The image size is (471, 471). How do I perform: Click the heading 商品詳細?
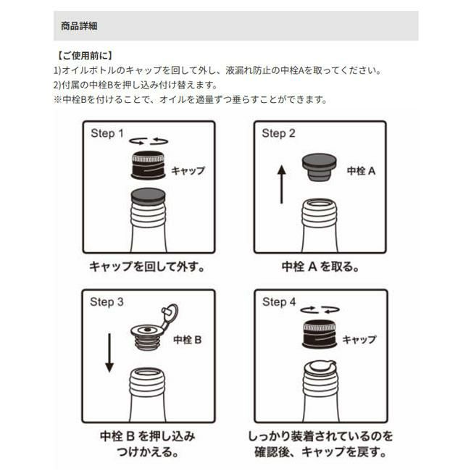79,26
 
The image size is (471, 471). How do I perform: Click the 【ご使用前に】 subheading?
85,56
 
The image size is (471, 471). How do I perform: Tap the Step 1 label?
107,133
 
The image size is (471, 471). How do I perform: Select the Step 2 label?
278,133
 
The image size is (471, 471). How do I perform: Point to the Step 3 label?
107,302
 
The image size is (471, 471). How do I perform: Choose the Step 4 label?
279,302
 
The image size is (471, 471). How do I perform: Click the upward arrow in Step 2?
281,185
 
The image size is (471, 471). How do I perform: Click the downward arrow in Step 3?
109,353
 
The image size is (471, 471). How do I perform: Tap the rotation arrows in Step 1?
149,141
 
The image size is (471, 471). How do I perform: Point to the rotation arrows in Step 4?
320,309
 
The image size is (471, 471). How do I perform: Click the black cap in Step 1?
148,165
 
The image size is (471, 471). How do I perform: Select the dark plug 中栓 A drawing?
319,167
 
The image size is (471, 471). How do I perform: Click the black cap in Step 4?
320,334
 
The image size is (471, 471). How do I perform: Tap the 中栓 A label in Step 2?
361,171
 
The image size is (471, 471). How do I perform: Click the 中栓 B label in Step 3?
188,340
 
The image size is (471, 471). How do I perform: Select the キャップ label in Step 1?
188,170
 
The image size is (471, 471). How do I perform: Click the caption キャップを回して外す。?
147,267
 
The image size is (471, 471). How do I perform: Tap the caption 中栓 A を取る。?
320,267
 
